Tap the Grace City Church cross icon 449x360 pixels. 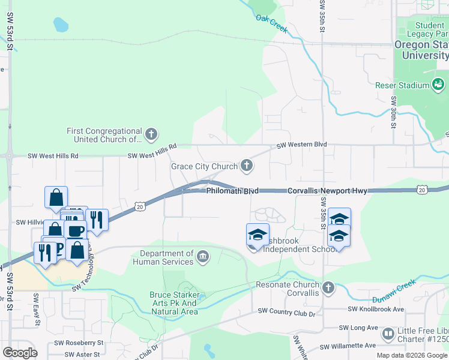coord(246,164)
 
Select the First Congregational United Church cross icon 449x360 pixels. coord(151,133)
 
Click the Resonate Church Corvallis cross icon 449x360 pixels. coord(328,289)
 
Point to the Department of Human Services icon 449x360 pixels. coord(203,258)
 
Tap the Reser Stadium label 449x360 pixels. coord(402,85)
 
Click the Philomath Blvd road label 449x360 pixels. coord(232,191)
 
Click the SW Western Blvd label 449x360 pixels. coord(301,145)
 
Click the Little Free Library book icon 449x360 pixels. coord(388,333)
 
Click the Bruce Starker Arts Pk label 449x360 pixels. coord(173,303)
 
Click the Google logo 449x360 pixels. coord(20,353)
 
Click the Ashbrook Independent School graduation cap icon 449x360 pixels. coord(258,235)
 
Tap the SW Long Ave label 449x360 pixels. coord(358,328)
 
